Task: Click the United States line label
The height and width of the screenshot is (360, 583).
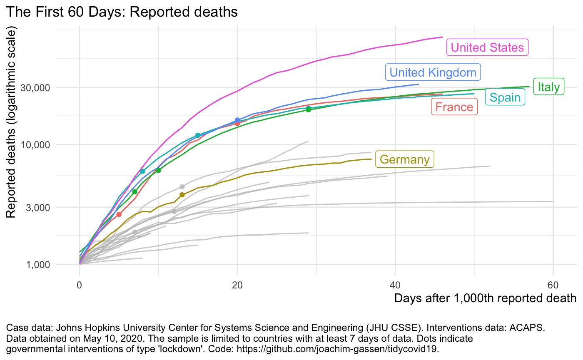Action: tap(487, 47)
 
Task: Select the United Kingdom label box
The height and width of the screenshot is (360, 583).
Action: tap(433, 72)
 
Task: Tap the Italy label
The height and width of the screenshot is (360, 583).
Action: tap(549, 87)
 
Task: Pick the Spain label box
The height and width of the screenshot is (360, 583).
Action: tap(505, 97)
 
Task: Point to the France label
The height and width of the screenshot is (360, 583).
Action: tap(454, 107)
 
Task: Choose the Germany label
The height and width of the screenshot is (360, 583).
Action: tap(404, 159)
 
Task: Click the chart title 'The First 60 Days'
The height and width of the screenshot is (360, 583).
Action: tap(122, 12)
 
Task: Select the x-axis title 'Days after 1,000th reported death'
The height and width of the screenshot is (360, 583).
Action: tap(485, 298)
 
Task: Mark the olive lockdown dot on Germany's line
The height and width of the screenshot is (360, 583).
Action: tap(182, 195)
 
